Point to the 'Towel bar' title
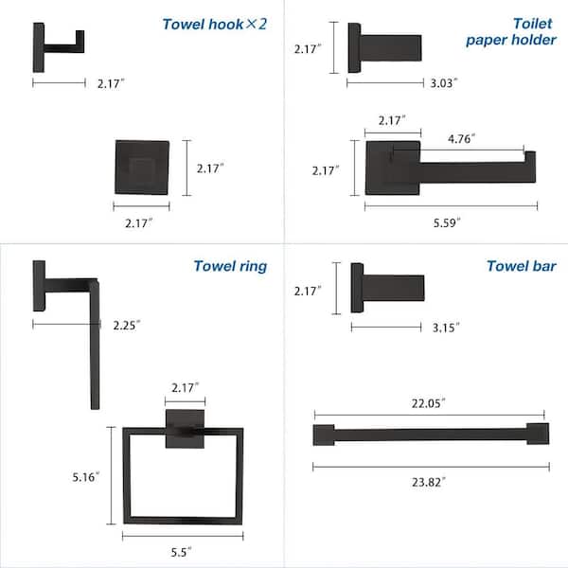pyautogui.click(x=519, y=266)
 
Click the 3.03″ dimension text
pyautogui.click(x=441, y=83)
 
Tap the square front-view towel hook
pyautogui.click(x=142, y=169)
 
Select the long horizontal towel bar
pyautogui.click(x=430, y=435)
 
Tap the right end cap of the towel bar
pyautogui.click(x=538, y=435)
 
